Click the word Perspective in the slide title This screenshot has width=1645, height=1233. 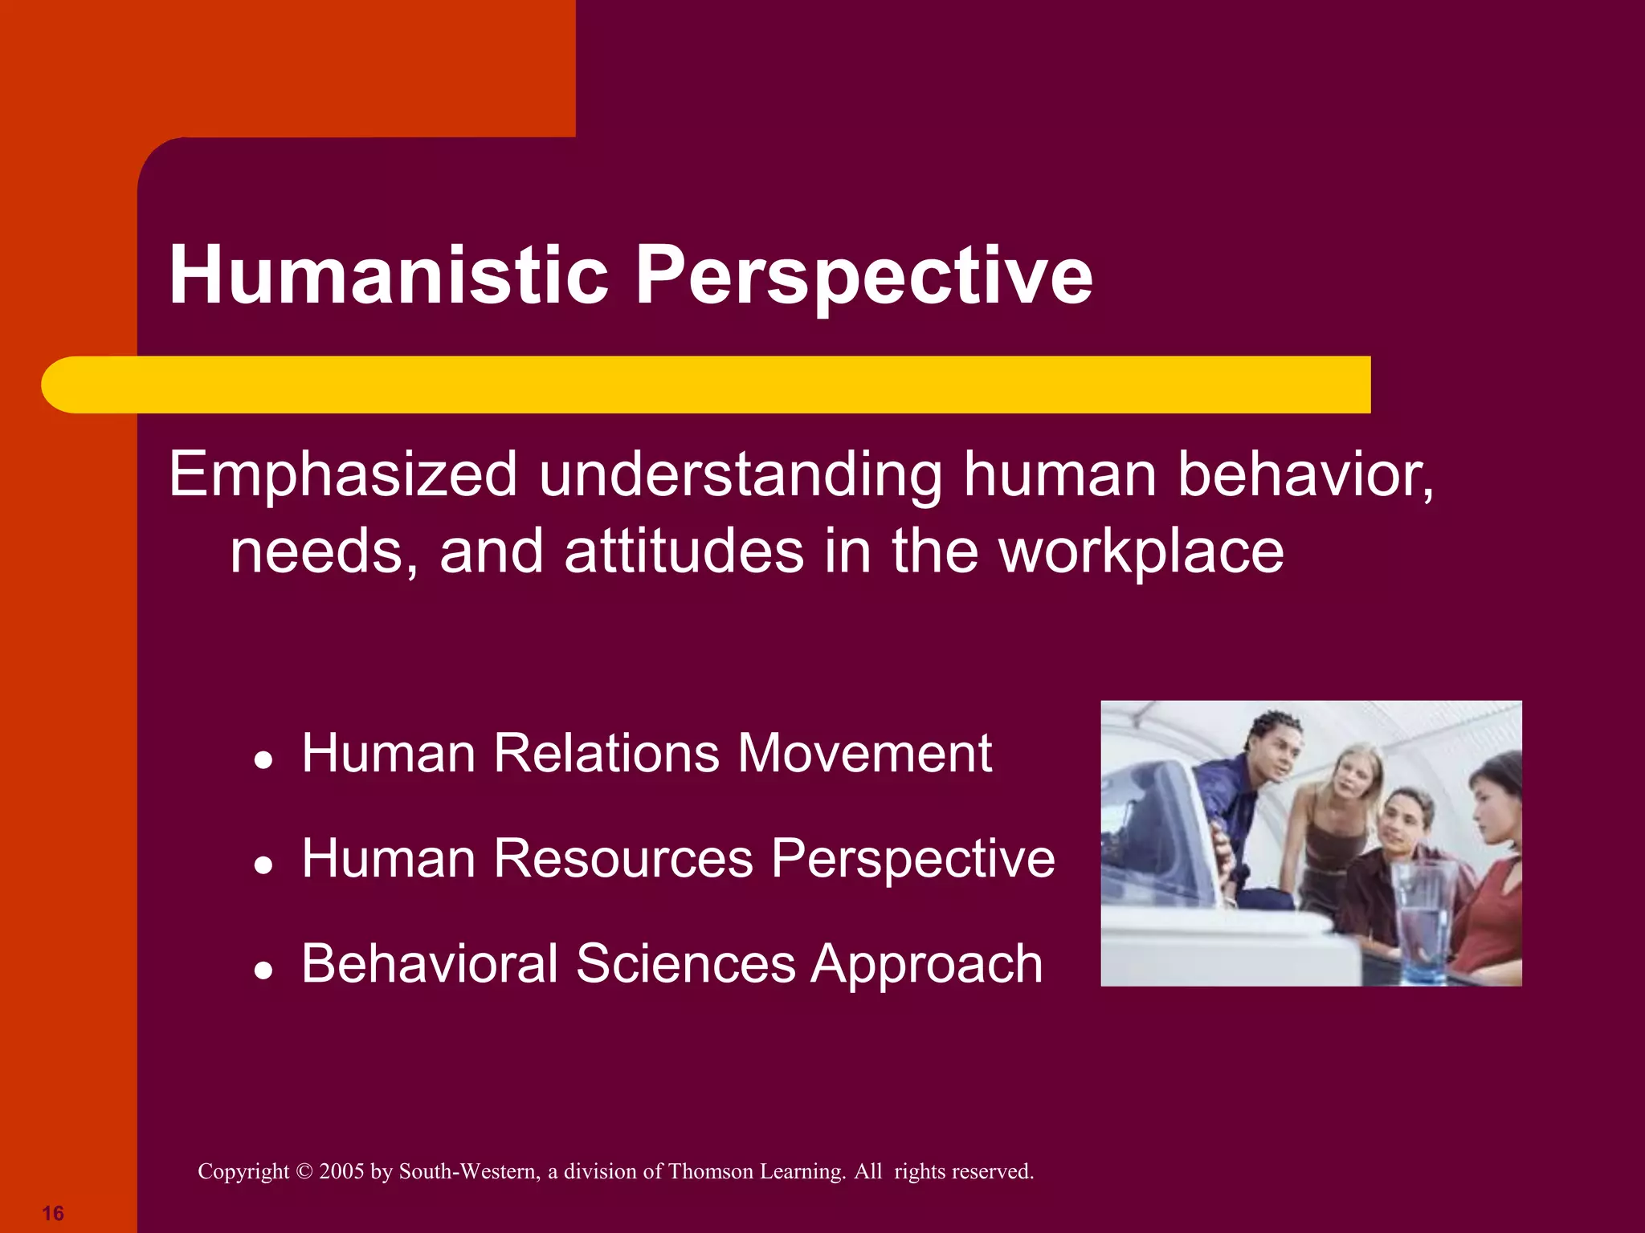pyautogui.click(x=863, y=277)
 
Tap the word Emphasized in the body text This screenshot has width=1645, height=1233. pyautogui.click(x=343, y=475)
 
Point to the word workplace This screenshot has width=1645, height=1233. pyautogui.click(x=1141, y=551)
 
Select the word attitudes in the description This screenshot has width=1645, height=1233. pyautogui.click(x=684, y=551)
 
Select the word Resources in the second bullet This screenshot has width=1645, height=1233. pyautogui.click(x=622, y=858)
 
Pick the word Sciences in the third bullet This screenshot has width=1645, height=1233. pyautogui.click(x=685, y=963)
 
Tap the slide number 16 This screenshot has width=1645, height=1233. pyautogui.click(x=53, y=1213)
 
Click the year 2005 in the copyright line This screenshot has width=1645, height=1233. pyautogui.click(x=341, y=1171)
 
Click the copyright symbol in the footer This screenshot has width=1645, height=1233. pyautogui.click(x=304, y=1171)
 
